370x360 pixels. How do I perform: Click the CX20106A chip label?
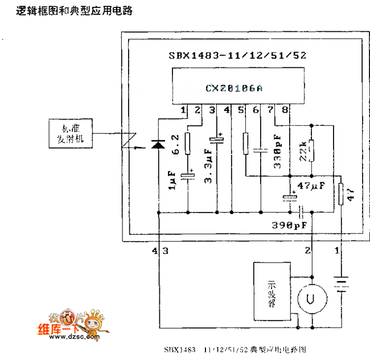point(234,88)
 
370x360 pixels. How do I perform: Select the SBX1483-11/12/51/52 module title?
point(238,56)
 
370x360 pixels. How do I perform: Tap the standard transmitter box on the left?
point(69,134)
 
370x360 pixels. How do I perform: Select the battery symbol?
point(341,283)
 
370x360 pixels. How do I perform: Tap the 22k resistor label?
point(302,149)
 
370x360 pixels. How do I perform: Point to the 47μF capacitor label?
point(311,186)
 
